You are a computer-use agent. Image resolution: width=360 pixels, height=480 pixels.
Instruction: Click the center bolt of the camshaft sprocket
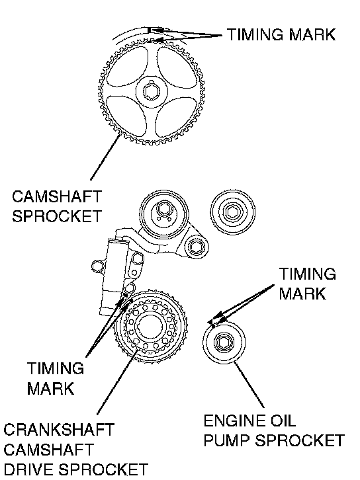click(152, 91)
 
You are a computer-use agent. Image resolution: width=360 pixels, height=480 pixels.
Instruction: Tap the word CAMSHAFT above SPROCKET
click(57, 196)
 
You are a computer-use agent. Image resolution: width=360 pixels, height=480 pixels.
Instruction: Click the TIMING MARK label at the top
click(281, 34)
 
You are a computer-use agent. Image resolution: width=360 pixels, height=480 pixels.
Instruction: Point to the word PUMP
click(228, 440)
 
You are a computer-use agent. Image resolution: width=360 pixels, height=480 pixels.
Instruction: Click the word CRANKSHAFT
click(59, 430)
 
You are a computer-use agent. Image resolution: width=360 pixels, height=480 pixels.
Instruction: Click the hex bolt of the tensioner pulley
click(163, 210)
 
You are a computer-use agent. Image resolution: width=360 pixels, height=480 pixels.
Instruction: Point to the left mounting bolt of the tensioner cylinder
click(97, 266)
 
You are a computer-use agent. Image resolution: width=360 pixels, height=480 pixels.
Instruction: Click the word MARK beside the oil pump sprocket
click(302, 294)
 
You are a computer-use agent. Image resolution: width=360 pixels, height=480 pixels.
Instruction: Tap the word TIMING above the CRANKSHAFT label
click(56, 368)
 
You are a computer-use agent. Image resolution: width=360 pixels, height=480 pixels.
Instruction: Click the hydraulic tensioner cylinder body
click(113, 276)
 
